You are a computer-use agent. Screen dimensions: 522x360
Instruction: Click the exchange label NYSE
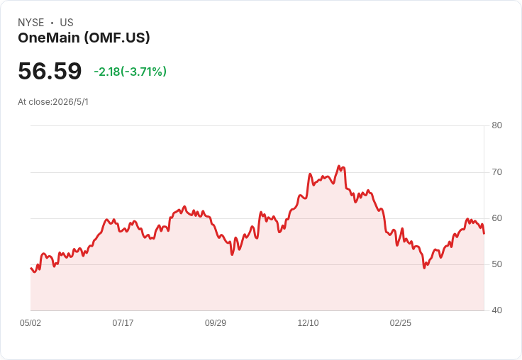tap(31, 23)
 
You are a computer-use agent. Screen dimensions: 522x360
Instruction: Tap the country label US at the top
tap(67, 23)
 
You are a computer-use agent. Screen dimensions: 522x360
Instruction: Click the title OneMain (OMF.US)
tap(84, 38)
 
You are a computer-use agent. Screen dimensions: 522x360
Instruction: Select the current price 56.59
tap(50, 71)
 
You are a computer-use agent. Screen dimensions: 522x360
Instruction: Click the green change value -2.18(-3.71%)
tap(130, 72)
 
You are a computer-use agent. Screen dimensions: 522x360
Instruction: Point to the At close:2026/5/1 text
tap(53, 102)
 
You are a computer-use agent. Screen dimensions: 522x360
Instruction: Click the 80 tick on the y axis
tap(496, 125)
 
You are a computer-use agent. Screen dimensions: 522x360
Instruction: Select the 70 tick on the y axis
tap(496, 172)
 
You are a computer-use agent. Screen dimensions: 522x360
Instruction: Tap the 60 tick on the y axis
tap(496, 218)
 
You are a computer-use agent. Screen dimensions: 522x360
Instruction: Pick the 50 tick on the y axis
tap(496, 264)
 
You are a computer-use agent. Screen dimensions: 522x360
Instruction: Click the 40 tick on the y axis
tap(496, 310)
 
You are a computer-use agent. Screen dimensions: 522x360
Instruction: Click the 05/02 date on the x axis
tap(30, 323)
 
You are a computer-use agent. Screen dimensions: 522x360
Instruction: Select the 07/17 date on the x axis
tap(123, 323)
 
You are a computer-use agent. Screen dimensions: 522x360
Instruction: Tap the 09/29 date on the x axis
tap(216, 323)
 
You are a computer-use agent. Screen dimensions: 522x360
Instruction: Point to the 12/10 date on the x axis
tap(308, 323)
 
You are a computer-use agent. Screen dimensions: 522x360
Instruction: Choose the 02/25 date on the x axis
tap(401, 323)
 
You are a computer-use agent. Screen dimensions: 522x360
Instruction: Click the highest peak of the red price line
tap(339, 166)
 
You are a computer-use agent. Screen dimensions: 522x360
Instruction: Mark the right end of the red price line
tap(484, 234)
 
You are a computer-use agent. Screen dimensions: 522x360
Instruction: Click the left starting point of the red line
tap(30, 268)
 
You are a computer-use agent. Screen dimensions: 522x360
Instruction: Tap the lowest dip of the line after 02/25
tap(424, 268)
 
